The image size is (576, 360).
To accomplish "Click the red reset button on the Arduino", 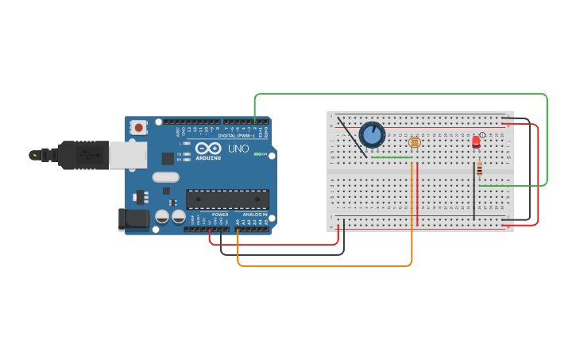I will click(x=139, y=127).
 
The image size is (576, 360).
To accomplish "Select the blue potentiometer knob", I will click(x=372, y=134).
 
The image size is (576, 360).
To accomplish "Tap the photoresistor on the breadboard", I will click(x=414, y=142).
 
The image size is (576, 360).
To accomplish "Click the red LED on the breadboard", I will click(x=476, y=141).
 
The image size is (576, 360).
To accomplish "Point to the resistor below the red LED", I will click(x=479, y=169).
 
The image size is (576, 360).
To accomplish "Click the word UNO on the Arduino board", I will click(x=238, y=149).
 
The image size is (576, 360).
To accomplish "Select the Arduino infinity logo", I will click(x=208, y=149).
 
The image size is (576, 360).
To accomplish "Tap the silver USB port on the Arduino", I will click(x=127, y=155).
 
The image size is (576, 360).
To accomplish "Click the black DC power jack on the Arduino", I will click(x=133, y=219).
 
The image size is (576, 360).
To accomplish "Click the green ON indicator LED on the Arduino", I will click(x=256, y=154).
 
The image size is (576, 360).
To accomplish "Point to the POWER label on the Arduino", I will click(x=220, y=215).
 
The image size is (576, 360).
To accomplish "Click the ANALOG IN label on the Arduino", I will click(x=254, y=215).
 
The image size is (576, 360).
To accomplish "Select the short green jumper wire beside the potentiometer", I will click(x=392, y=157).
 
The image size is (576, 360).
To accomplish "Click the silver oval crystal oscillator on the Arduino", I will click(x=166, y=177).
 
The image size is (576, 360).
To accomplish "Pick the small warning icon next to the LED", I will click(x=482, y=135).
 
